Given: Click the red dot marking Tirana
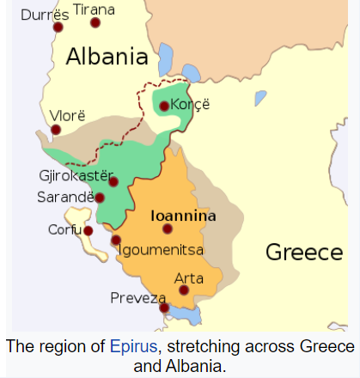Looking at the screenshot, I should (x=95, y=22).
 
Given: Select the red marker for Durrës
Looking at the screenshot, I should (x=58, y=27).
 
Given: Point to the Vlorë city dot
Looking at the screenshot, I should (x=56, y=131).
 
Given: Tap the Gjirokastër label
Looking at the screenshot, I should (x=76, y=175).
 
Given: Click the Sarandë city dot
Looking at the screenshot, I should (x=100, y=198).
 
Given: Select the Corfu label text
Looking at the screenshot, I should (x=64, y=229).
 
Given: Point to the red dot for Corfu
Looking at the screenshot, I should (x=88, y=230).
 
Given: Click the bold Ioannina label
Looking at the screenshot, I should (x=183, y=216).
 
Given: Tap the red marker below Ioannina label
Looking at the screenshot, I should (x=168, y=229).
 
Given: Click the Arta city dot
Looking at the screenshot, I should (x=183, y=290).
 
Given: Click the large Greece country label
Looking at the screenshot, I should (x=303, y=252).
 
